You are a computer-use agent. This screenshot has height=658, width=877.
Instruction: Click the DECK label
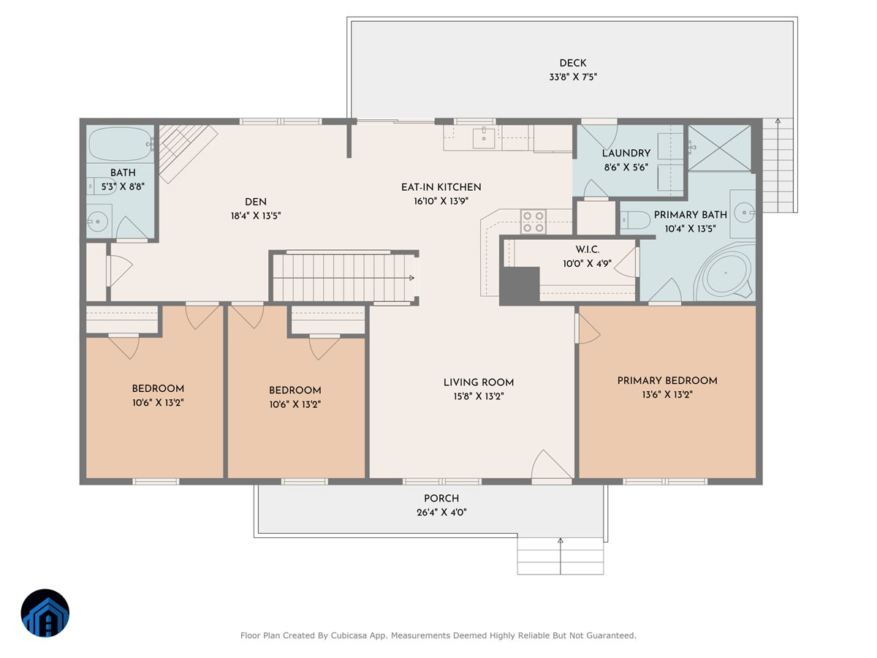coord(572,63)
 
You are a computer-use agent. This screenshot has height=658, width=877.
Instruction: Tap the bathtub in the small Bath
coord(121,144)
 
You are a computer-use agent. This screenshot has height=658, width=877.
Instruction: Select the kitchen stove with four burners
coord(533,222)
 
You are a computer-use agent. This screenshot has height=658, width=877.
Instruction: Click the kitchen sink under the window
coord(484,138)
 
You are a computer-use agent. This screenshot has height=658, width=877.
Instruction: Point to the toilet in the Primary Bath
coord(635,220)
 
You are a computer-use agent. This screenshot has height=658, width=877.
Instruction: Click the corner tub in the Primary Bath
coord(724,273)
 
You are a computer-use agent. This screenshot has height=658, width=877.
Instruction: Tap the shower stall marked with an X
coord(719,148)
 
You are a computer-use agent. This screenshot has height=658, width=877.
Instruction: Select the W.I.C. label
coord(587,250)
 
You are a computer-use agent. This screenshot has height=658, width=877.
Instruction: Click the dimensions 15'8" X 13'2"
coord(478,396)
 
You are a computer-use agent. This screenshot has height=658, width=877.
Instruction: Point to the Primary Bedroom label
coord(667,381)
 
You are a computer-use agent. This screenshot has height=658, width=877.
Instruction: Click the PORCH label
coord(441,499)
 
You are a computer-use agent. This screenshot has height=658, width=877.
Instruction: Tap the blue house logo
coord(45,613)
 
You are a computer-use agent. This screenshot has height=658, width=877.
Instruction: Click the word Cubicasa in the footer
coord(349,635)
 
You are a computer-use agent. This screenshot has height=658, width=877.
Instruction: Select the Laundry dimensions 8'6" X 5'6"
coord(626,167)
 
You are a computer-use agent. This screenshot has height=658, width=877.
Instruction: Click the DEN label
coord(255,203)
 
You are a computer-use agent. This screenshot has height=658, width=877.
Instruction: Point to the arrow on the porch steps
coord(560,556)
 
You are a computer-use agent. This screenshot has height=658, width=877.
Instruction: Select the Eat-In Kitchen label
coord(441,187)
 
